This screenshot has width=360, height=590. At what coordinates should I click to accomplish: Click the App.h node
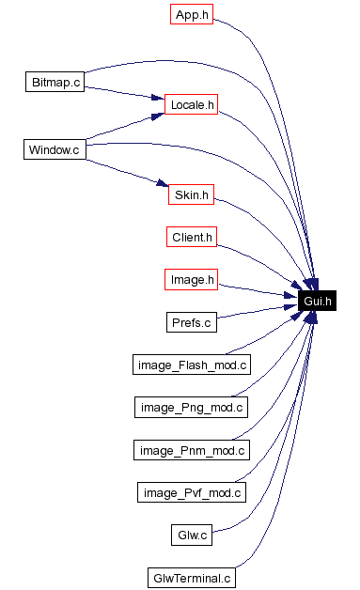(192, 15)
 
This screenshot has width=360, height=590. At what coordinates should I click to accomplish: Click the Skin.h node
(192, 195)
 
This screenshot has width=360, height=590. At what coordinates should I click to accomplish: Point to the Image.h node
(192, 279)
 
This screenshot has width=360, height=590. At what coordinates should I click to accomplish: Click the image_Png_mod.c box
(192, 407)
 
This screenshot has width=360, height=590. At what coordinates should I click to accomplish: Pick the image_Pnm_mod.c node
(192, 450)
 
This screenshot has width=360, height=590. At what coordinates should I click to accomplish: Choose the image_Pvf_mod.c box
(192, 492)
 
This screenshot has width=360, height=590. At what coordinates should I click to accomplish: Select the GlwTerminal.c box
(192, 577)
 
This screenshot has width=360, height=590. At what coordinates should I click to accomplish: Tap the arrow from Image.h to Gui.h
(258, 290)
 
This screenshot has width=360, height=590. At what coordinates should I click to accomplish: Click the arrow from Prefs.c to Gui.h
(258, 310)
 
